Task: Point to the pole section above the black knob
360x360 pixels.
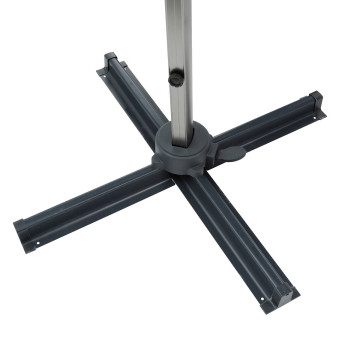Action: (176, 30)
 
